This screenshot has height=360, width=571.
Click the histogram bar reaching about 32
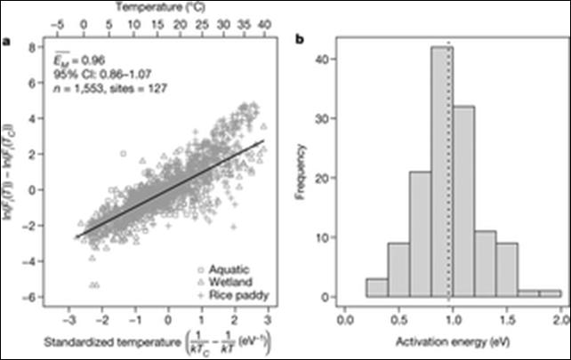(462, 204)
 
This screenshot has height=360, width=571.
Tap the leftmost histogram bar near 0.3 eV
(354, 288)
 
